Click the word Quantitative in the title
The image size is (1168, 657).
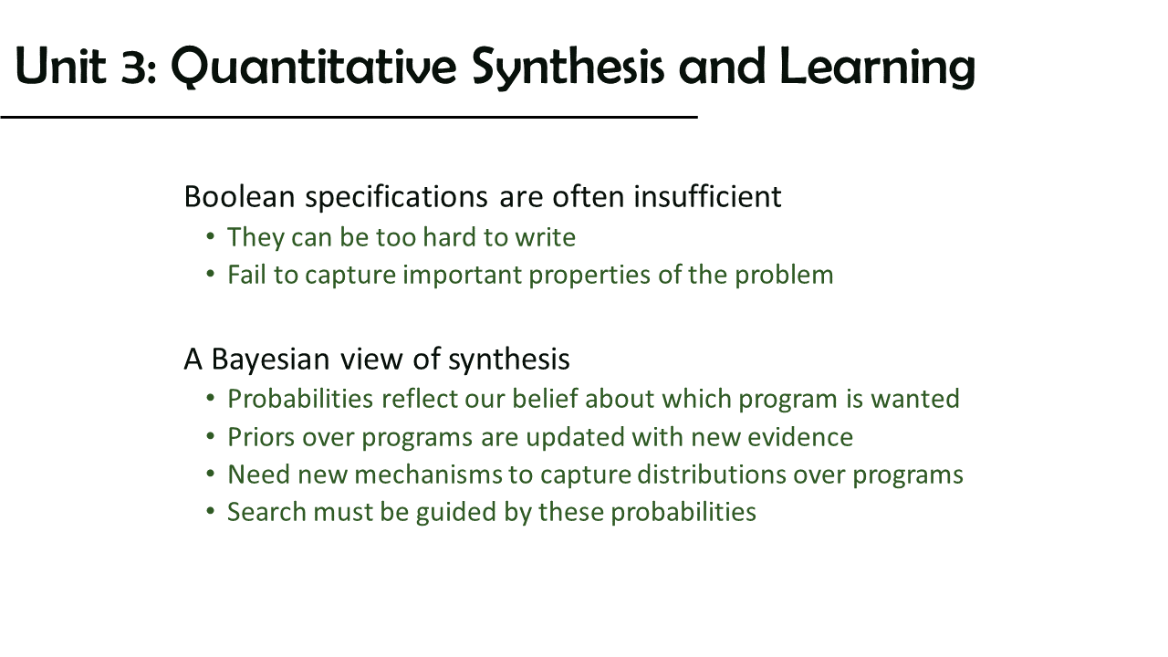pyautogui.click(x=314, y=68)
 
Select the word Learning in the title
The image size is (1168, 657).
pyautogui.click(x=878, y=68)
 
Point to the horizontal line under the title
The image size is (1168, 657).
pyautogui.click(x=349, y=118)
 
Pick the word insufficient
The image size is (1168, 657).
pyautogui.click(x=707, y=196)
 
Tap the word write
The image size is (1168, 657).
pyautogui.click(x=546, y=237)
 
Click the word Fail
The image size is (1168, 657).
pyautogui.click(x=246, y=275)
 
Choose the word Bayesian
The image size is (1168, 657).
pyautogui.click(x=271, y=360)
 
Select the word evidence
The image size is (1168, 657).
pyautogui.click(x=800, y=437)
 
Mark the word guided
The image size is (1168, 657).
pyautogui.click(x=455, y=513)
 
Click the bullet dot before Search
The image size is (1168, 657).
pyautogui.click(x=211, y=510)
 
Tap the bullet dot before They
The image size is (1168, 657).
pyautogui.click(x=211, y=236)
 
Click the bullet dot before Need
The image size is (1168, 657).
pyautogui.click(x=211, y=474)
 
